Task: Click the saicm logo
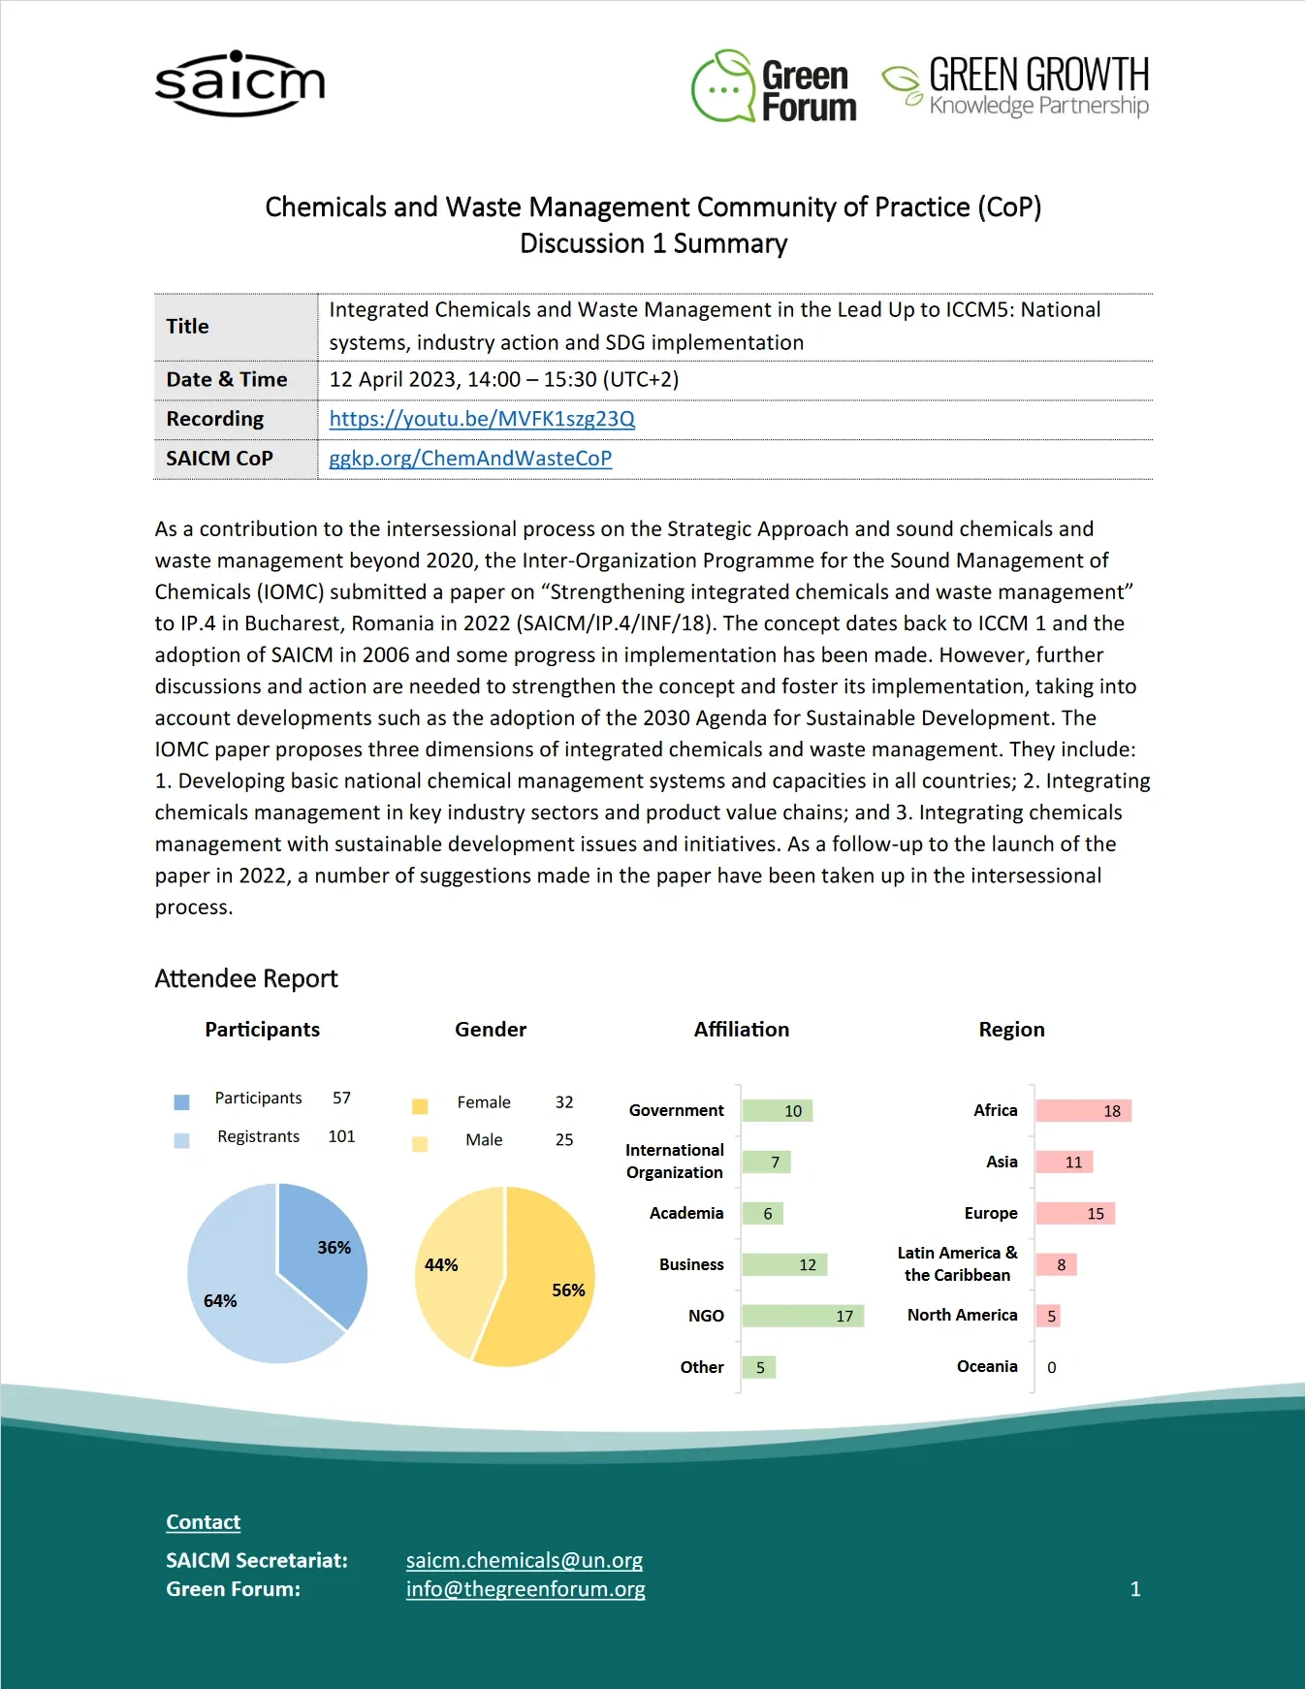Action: (x=239, y=84)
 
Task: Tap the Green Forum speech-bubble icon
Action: (x=723, y=87)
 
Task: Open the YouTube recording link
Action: (x=482, y=419)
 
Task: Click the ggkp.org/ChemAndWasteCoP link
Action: (x=470, y=459)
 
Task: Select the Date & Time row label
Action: (x=227, y=380)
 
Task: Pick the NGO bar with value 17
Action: (x=802, y=1316)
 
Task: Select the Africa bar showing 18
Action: (x=1083, y=1111)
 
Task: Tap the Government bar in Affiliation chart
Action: (x=777, y=1111)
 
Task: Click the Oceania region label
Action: (x=987, y=1366)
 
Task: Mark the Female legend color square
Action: (x=420, y=1106)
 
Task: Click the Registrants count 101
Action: (x=341, y=1136)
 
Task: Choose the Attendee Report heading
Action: (x=246, y=978)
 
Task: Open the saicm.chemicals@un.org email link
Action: (x=525, y=1560)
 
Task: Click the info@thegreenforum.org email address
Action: (x=525, y=1589)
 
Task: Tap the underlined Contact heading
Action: (x=203, y=1522)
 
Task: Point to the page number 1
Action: (x=1135, y=1589)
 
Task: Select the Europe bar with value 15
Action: (x=1075, y=1213)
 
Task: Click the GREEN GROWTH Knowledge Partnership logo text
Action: (x=1037, y=86)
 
